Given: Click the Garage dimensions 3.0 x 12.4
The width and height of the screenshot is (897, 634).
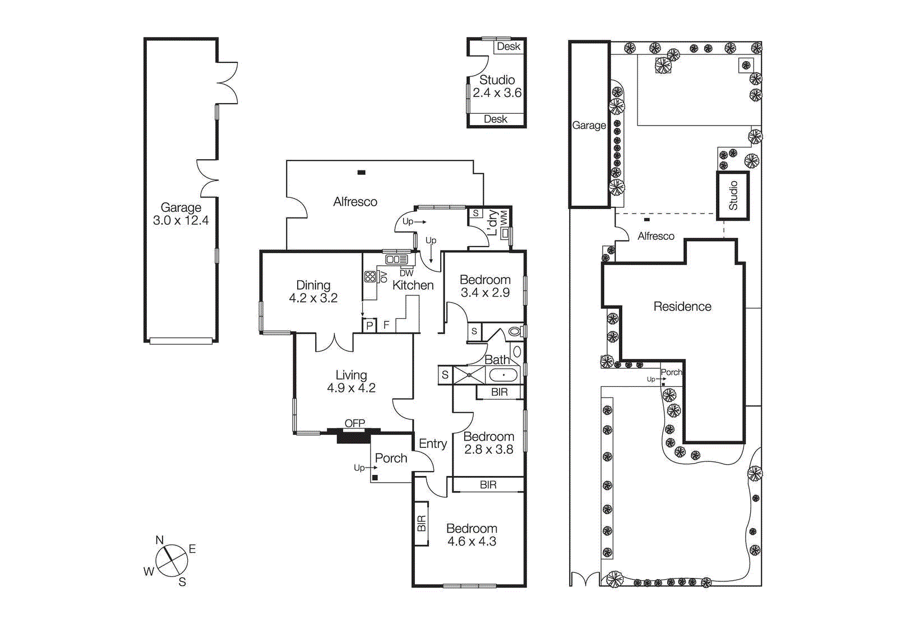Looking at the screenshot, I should point(181,221).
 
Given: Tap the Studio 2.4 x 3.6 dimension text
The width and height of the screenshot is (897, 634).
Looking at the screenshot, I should point(497,93).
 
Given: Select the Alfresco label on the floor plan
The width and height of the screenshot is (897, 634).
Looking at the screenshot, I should point(355,202).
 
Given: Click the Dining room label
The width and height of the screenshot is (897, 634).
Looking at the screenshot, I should point(313,285).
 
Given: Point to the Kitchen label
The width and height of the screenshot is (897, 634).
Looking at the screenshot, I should point(413,285).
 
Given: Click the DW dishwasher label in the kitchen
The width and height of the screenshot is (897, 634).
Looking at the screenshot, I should point(406,273).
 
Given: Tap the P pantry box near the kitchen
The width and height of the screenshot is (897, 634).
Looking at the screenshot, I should point(369,326).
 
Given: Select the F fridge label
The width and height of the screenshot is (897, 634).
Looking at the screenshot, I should point(386,325).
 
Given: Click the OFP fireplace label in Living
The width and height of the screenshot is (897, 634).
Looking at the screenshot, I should point(354,423).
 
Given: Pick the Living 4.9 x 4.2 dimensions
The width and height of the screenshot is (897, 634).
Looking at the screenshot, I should point(351,388).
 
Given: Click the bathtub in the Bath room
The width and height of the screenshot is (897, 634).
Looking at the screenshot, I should point(503,375).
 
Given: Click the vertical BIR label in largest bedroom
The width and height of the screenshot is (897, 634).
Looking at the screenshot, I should point(422,524).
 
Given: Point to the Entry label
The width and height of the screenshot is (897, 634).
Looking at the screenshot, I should point(433,444).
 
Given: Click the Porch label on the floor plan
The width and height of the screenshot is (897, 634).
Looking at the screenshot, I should point(391,459).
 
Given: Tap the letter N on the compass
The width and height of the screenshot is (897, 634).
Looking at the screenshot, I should point(159,540).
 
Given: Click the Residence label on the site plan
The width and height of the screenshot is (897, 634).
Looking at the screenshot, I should point(682,307).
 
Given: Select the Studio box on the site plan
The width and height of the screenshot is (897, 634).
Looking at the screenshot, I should point(733,196).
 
